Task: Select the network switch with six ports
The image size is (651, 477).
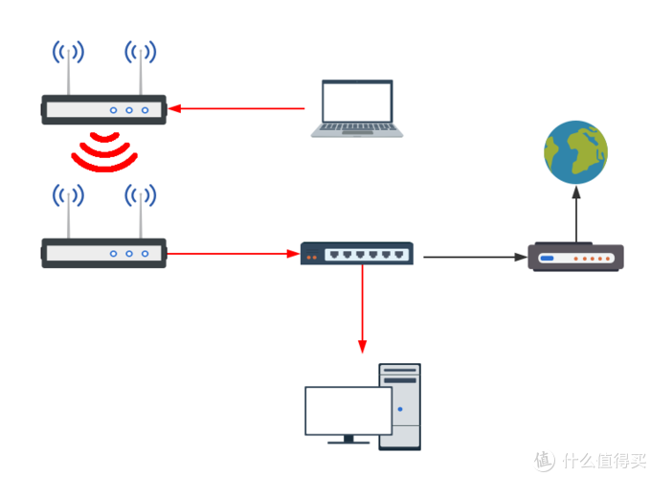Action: (356, 254)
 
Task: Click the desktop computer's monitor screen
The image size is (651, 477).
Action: (348, 410)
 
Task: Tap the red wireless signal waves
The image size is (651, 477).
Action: (103, 152)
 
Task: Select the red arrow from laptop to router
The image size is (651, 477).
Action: (239, 108)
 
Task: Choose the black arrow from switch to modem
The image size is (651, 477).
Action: (474, 256)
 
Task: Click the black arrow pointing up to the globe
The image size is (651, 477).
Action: (576, 215)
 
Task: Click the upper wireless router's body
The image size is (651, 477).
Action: (103, 109)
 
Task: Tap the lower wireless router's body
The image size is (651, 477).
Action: (103, 253)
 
